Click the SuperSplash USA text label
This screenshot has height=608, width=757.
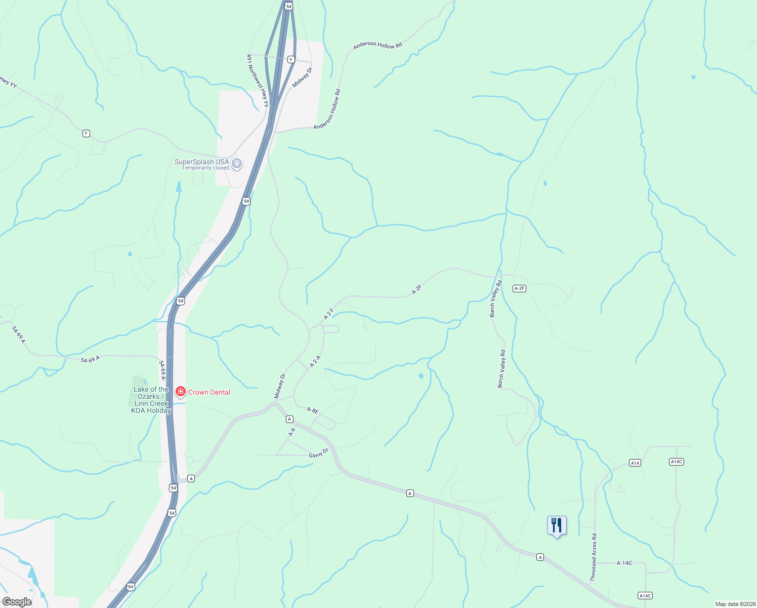(x=201, y=162)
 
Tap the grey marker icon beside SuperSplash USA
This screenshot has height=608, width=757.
(x=237, y=164)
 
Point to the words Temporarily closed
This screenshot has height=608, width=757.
(x=205, y=168)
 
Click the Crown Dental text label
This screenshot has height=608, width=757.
(x=209, y=392)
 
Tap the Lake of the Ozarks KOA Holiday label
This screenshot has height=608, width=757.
(x=151, y=400)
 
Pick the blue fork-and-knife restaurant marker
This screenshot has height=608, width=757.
(x=557, y=526)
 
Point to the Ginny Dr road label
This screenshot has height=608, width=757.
(x=319, y=452)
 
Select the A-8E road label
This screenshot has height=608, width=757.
(x=313, y=410)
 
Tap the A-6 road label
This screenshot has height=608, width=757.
(x=292, y=432)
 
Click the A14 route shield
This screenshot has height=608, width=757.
(x=635, y=463)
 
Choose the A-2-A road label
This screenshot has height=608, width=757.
(x=315, y=361)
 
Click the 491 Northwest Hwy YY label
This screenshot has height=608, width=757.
(x=258, y=81)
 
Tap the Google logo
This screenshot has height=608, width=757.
(x=17, y=602)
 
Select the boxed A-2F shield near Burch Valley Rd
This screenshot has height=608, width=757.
(x=519, y=288)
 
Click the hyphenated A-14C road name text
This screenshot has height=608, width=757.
(x=624, y=563)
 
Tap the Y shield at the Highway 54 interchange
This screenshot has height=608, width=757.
(x=290, y=59)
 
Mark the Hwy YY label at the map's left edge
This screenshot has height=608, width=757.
(x=9, y=82)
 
